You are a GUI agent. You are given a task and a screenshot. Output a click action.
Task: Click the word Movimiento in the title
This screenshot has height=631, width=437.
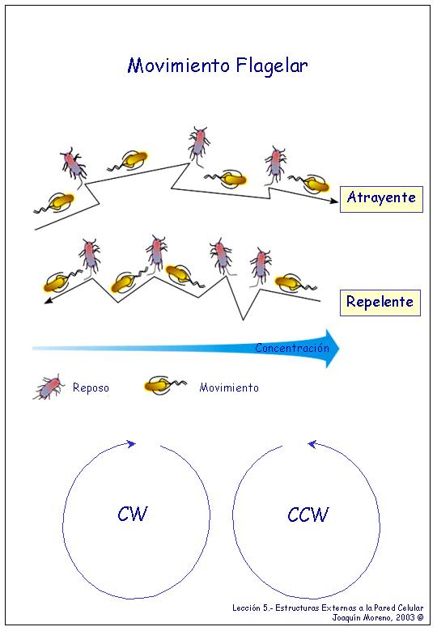[x=179, y=66]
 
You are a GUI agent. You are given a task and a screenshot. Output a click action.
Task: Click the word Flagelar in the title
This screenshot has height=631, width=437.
[x=272, y=66]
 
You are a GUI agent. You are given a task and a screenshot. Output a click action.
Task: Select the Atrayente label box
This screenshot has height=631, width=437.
[x=381, y=199]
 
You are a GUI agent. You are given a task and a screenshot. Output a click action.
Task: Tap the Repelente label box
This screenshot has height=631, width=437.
[x=380, y=303]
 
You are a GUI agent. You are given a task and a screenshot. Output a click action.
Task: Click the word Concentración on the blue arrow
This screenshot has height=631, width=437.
[x=292, y=348]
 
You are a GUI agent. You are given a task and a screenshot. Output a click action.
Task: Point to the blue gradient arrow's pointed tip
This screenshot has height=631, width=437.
[x=339, y=349]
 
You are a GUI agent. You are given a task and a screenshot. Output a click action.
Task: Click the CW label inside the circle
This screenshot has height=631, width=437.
[x=133, y=514]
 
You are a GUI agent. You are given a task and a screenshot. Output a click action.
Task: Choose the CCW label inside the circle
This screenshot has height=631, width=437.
[x=308, y=515]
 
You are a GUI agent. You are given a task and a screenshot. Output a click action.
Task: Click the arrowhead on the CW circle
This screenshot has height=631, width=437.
[x=132, y=444]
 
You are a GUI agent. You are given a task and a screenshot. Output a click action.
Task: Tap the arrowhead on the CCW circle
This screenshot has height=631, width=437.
[x=312, y=444]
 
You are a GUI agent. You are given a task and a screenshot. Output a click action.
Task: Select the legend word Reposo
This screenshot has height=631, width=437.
[x=91, y=388]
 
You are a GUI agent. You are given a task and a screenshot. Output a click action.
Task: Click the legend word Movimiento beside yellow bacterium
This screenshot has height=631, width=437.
[x=229, y=387]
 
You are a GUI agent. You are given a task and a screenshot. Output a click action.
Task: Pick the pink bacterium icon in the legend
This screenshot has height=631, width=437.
[x=49, y=387]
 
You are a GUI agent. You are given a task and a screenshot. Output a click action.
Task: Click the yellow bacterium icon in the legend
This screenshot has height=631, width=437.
[x=165, y=386]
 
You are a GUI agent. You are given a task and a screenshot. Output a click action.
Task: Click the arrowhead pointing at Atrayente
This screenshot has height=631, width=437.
[x=334, y=201]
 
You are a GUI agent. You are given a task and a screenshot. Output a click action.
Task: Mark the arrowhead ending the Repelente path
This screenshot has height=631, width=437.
[x=49, y=300]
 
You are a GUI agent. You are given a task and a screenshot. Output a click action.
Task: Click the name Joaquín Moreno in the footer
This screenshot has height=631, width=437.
[x=361, y=617]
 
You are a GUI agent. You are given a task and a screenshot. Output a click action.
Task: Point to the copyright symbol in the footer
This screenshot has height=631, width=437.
[x=420, y=617]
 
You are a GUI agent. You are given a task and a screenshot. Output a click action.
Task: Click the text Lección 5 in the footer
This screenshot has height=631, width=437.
[x=246, y=608]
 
